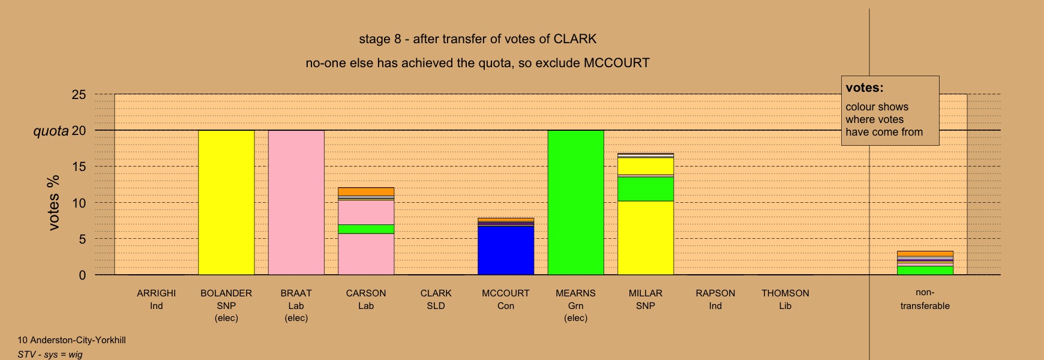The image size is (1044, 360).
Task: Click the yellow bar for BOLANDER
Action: click(x=226, y=202)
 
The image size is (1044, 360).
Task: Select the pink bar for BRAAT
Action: click(x=296, y=202)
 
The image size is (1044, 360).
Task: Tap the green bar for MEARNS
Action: click(x=575, y=202)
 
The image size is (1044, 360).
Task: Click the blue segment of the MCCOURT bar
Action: click(x=506, y=250)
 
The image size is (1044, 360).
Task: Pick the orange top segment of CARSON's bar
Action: click(x=366, y=191)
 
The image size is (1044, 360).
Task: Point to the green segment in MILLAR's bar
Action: click(x=646, y=189)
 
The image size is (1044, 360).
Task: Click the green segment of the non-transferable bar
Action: click(x=925, y=270)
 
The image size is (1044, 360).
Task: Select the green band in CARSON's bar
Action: click(x=366, y=229)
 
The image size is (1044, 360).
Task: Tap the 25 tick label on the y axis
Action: click(x=79, y=94)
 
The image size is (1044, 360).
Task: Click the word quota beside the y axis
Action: click(x=51, y=131)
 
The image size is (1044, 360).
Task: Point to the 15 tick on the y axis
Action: click(x=79, y=167)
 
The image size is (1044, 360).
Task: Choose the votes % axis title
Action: click(x=53, y=202)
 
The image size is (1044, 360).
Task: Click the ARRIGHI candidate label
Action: click(x=156, y=293)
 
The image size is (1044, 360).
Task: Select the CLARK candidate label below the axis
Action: click(x=436, y=293)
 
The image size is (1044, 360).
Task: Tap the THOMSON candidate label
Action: click(x=785, y=293)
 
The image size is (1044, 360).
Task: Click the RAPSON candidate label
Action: click(x=715, y=293)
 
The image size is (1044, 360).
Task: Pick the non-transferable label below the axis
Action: click(x=925, y=299)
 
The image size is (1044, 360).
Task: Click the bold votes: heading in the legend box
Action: click(x=865, y=88)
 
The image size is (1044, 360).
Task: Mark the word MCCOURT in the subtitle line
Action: click(x=616, y=63)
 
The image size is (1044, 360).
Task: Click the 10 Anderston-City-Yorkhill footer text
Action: click(x=71, y=340)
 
